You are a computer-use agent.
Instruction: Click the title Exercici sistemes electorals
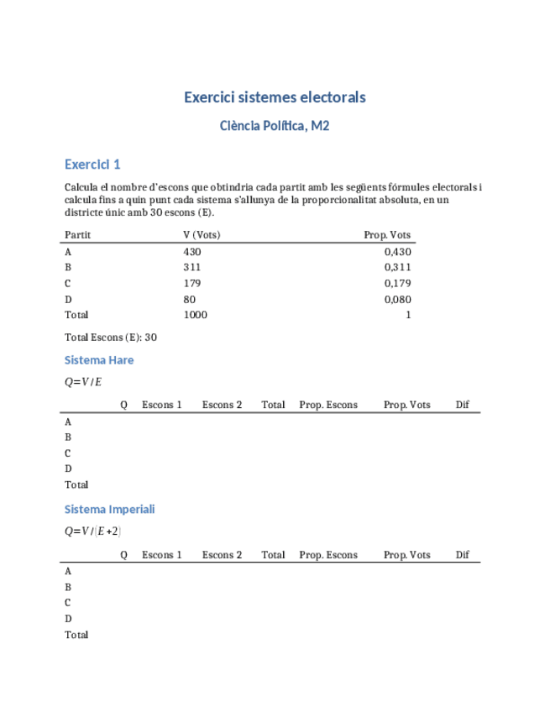pos(275,97)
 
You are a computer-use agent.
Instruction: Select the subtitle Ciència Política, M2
pos(275,126)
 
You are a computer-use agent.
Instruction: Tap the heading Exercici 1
pos(92,164)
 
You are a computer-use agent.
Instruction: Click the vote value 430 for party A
pos(192,251)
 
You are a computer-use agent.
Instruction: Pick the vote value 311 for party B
pos(192,267)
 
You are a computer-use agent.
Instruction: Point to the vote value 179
pos(192,283)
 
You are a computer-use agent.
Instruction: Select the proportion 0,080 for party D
pos(397,299)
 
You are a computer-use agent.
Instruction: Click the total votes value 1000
pos(195,315)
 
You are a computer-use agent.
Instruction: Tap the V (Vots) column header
pos(202,235)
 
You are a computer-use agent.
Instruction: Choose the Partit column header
pos(78,235)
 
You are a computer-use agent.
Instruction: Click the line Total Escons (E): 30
pos(111,338)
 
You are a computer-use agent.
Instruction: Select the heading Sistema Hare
pos(99,360)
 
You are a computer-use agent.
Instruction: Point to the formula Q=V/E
pos(83,382)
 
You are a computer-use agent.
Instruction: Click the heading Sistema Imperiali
pos(109,509)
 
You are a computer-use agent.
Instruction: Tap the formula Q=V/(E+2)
pos(93,531)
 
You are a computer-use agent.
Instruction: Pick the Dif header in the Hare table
pos(462,405)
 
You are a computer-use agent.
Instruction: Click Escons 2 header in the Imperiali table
pos(222,555)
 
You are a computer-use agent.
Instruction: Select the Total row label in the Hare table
pos(76,484)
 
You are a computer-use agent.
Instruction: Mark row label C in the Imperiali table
pos(68,603)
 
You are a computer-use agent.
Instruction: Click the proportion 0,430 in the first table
pos(397,251)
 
